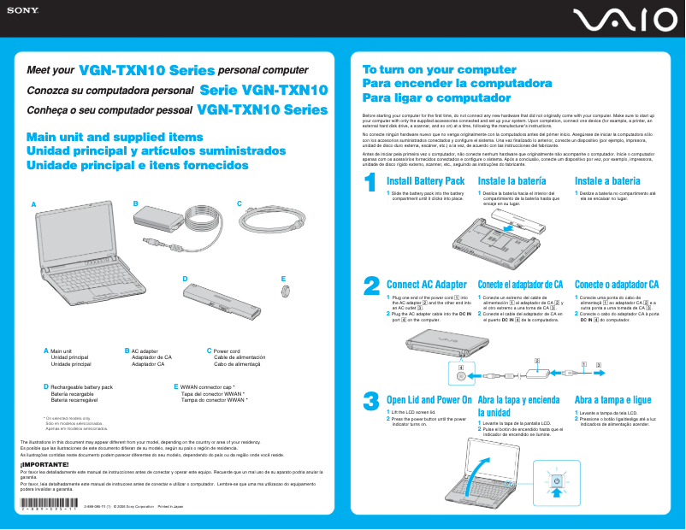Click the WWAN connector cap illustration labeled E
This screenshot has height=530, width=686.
coord(287,291)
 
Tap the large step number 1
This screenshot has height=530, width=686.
coord(370,183)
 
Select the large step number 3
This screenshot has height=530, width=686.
coord(370,400)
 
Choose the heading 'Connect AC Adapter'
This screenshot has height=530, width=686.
coord(426,284)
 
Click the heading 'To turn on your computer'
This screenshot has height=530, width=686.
coord(427,70)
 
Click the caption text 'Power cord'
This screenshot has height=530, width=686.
coord(227,351)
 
